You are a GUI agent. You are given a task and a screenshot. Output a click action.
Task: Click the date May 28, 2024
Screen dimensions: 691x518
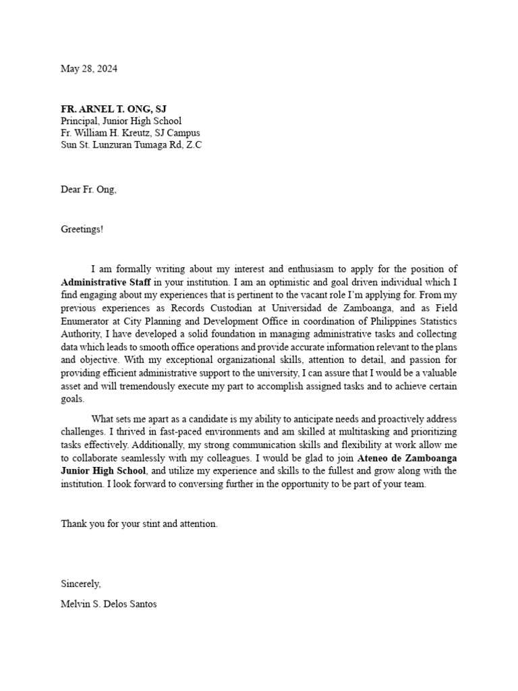(x=89, y=69)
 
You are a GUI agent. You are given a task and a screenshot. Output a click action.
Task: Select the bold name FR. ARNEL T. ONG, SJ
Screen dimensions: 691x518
(x=113, y=109)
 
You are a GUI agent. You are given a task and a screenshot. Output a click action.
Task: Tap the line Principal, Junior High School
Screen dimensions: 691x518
(x=121, y=121)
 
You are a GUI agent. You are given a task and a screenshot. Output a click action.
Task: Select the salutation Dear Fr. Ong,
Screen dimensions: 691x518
(x=88, y=190)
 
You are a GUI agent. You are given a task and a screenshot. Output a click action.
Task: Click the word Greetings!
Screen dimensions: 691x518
(x=82, y=229)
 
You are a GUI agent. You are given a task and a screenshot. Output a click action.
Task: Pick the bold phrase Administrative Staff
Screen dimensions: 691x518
(x=106, y=281)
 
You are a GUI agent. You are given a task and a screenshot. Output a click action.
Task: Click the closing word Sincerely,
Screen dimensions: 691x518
(x=81, y=584)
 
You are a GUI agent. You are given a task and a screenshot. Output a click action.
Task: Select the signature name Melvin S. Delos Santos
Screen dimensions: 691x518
(x=109, y=604)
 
